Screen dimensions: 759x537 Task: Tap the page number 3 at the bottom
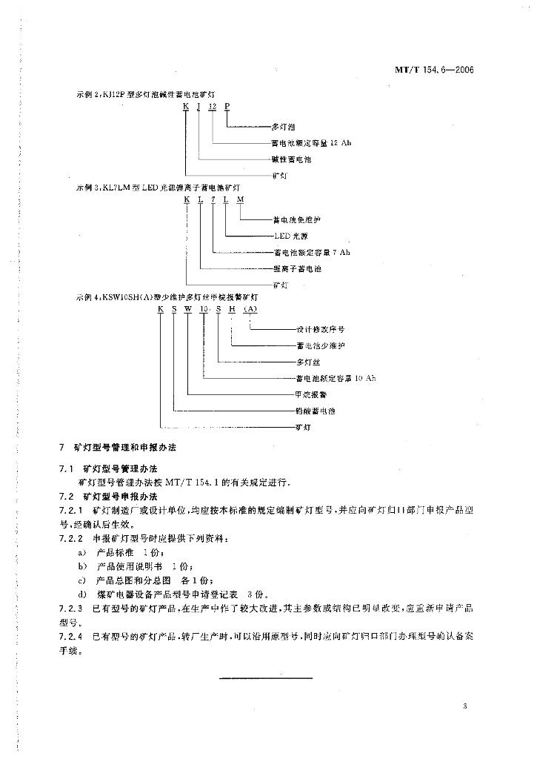(464, 706)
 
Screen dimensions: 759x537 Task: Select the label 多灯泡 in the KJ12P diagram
(283, 127)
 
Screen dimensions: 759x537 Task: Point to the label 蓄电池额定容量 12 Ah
(312, 143)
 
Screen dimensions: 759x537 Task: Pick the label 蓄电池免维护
(298, 219)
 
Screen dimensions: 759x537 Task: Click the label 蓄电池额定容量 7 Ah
(310, 253)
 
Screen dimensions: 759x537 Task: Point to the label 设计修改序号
(321, 330)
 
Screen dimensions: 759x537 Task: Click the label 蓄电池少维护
(321, 346)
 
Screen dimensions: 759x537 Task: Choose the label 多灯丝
(306, 362)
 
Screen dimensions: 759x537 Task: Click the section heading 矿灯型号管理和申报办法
(125, 449)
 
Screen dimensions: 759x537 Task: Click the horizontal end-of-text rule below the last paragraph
(267, 677)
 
